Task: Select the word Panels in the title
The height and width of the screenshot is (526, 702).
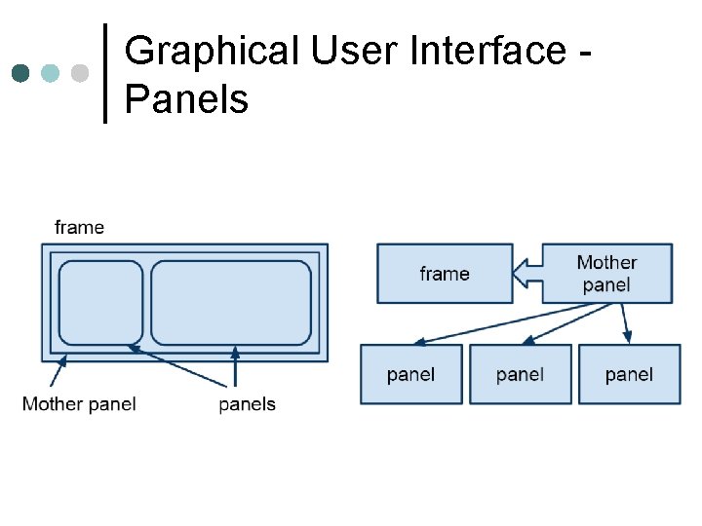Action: click(186, 98)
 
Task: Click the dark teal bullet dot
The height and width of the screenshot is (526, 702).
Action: click(21, 73)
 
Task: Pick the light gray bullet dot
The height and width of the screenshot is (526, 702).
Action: click(80, 73)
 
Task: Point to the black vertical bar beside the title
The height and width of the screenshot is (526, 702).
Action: click(105, 73)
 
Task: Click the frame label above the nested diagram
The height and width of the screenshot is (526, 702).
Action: click(79, 227)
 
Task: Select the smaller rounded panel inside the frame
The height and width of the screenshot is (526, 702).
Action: click(100, 303)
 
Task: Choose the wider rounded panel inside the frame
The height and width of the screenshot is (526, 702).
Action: click(231, 303)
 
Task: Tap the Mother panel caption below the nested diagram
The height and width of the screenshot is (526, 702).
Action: click(79, 403)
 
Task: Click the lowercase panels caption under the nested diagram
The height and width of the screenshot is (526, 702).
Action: click(248, 403)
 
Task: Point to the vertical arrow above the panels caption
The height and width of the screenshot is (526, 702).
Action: click(235, 368)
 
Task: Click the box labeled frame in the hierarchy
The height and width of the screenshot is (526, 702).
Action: click(445, 274)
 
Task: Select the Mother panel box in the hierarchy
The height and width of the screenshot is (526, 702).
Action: click(606, 274)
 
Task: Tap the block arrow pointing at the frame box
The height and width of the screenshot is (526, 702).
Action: click(527, 274)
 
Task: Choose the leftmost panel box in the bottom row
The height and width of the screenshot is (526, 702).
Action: click(410, 374)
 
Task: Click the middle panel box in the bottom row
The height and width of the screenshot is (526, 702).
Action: click(520, 374)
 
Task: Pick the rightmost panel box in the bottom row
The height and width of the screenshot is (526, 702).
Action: click(629, 374)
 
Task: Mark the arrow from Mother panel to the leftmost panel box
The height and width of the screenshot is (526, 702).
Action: click(507, 323)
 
